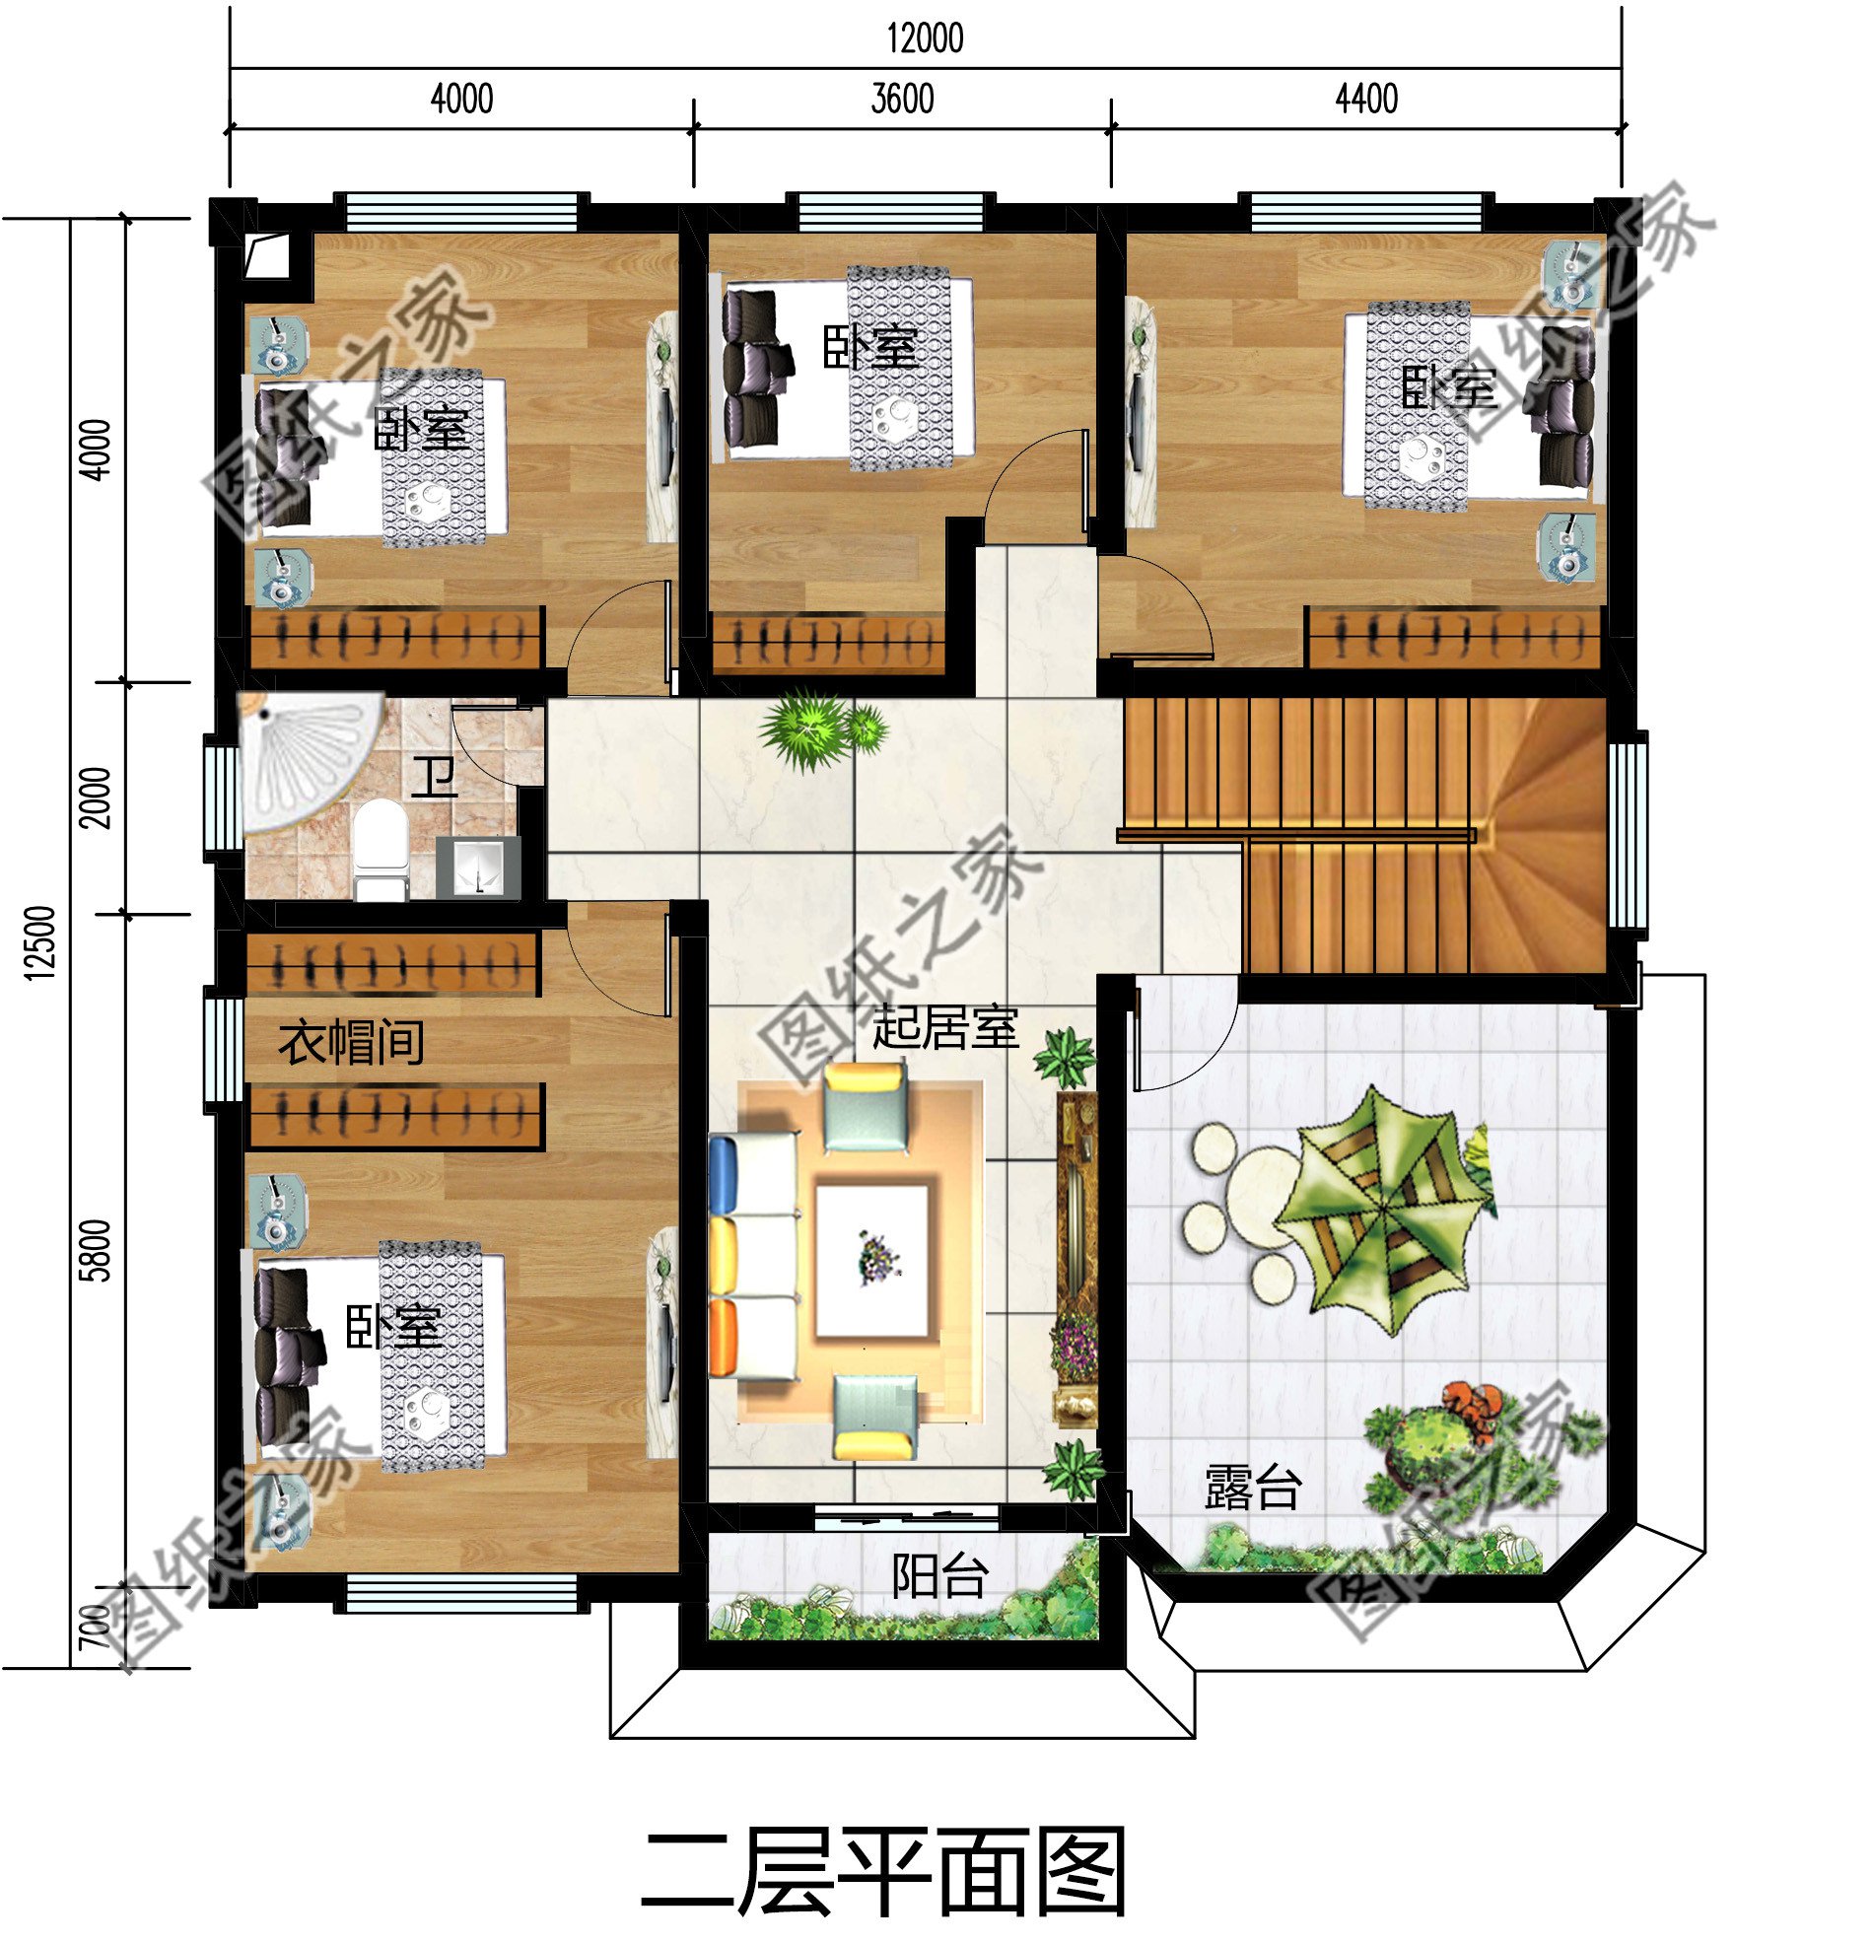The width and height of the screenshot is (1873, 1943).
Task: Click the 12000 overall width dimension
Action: (x=924, y=38)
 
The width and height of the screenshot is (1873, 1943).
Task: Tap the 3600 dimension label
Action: (x=902, y=100)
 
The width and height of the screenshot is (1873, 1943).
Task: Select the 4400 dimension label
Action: (x=1366, y=100)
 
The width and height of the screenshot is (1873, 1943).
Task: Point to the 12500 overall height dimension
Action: (x=39, y=942)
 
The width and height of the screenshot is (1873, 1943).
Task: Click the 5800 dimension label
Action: (x=97, y=1251)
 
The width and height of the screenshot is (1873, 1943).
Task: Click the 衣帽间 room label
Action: (x=351, y=1042)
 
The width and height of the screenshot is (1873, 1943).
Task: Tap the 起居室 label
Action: (x=945, y=1026)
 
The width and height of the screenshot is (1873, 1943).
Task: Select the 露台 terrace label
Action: (x=1251, y=1488)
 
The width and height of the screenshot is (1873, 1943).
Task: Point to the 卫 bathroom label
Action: (x=435, y=778)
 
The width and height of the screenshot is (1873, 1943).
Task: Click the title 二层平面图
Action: (x=883, y=1872)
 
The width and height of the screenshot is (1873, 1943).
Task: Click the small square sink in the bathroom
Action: (x=479, y=867)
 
